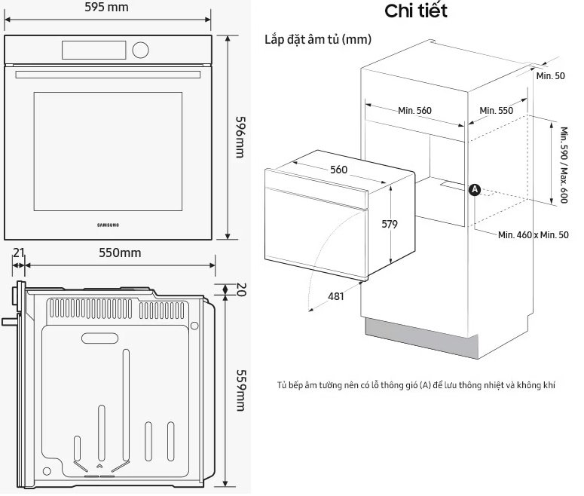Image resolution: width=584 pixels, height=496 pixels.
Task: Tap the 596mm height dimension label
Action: [240, 136]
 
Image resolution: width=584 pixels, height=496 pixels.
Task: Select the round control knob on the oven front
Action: [139, 50]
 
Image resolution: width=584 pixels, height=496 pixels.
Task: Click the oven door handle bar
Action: [109, 74]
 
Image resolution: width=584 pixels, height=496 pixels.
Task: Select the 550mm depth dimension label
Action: [120, 253]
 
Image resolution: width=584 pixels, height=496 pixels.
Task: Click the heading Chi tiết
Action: [416, 11]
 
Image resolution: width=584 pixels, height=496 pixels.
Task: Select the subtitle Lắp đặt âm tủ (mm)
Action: [317, 39]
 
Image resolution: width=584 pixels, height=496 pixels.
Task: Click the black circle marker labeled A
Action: [475, 190]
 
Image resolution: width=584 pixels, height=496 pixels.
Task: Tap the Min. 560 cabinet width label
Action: [414, 111]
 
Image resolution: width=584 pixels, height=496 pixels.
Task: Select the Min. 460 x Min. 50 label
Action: [533, 235]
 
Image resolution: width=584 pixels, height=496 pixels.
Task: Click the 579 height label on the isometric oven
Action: [389, 224]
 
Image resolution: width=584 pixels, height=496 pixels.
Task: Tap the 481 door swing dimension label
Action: [336, 296]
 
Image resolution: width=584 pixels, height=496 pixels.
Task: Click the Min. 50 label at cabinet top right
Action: [551, 76]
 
